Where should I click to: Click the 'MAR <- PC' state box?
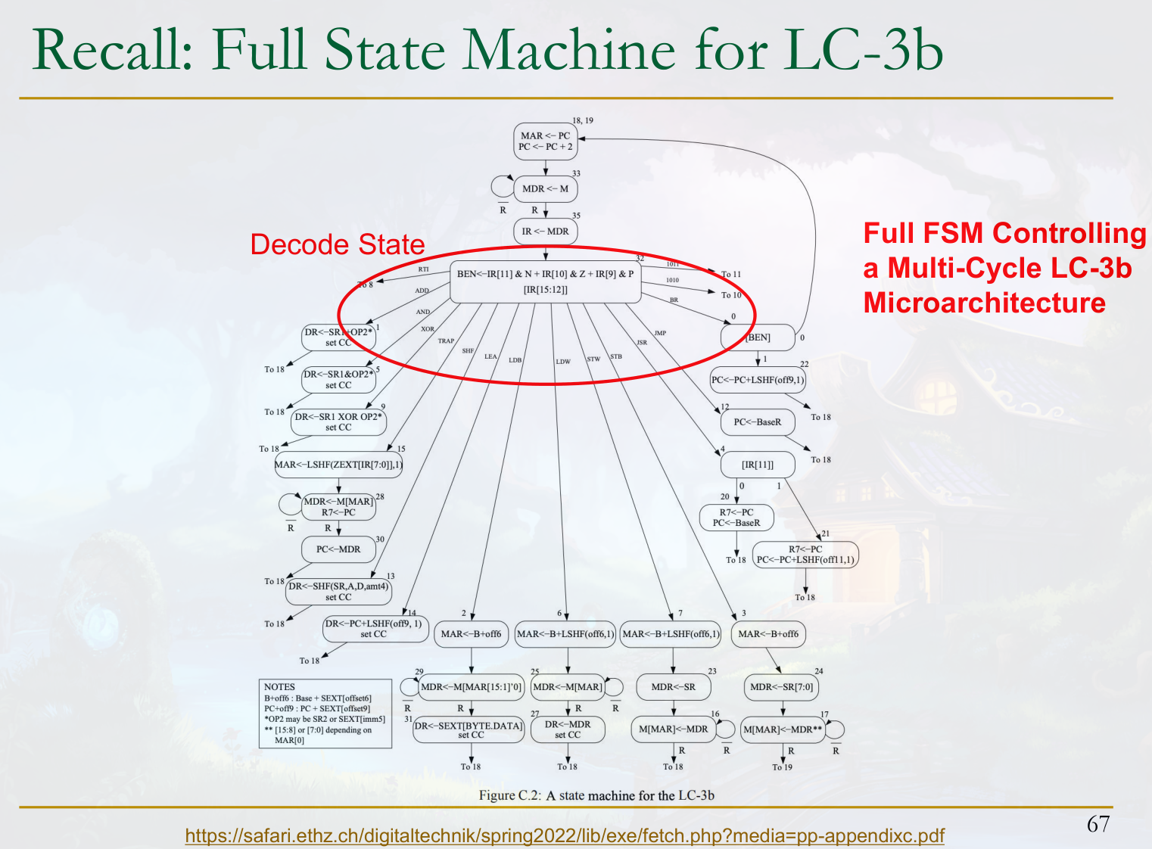point(545,141)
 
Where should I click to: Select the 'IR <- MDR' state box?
point(545,232)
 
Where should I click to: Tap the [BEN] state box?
point(758,337)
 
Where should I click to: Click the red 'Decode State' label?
point(337,244)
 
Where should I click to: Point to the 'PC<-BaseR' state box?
point(757,422)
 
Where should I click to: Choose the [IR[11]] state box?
point(757,465)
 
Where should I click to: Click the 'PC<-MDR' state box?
point(338,549)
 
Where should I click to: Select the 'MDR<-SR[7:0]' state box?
point(781,687)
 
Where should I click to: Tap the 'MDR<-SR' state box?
point(673,687)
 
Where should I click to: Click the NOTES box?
point(325,714)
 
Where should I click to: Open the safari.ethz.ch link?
point(565,836)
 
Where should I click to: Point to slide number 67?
point(1098,824)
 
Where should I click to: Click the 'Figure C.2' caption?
point(596,795)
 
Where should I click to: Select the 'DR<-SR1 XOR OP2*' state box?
point(338,422)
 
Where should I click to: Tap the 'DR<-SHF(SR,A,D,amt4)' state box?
point(338,592)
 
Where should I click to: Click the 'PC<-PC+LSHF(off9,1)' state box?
point(758,380)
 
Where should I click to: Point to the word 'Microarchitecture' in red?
point(984,303)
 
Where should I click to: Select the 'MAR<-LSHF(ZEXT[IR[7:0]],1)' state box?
point(338,465)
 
